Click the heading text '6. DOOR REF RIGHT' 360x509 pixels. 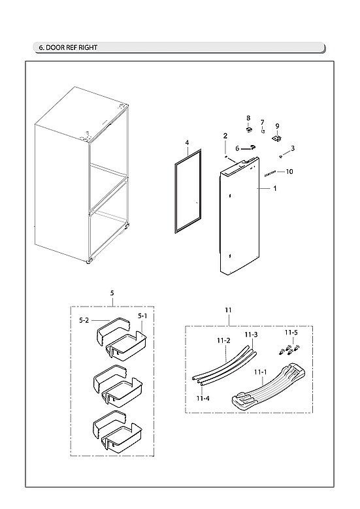coord(69,48)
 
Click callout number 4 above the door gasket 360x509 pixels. coord(186,142)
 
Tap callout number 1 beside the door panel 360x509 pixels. coord(275,188)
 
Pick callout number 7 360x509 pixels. coord(262,122)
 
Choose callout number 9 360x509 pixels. coord(277,125)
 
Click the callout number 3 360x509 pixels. coord(293,148)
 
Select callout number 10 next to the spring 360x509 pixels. coord(289,171)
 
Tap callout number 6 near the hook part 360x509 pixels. coord(237,148)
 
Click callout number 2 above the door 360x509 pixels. coord(225,136)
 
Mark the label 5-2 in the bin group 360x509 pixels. coord(84,320)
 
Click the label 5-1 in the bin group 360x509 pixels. coord(142,316)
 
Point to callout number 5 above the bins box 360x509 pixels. coord(112,293)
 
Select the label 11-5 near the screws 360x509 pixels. coord(294,332)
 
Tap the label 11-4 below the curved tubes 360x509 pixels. coord(203,397)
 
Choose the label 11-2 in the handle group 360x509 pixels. coord(223,340)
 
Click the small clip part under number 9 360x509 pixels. coord(277,138)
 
